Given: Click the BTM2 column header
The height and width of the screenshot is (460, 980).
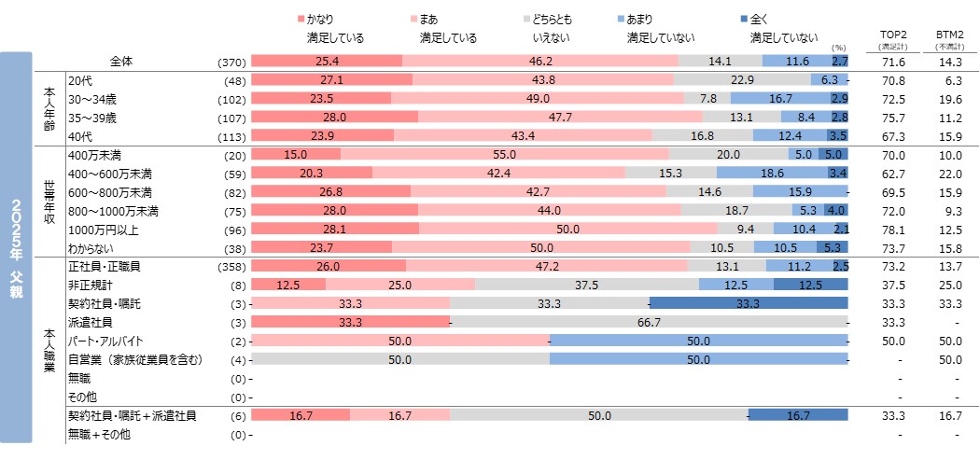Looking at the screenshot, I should [949, 36].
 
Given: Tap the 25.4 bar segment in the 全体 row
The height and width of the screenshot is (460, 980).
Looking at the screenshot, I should [327, 62].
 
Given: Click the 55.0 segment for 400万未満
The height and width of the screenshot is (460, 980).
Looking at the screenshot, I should [504, 154].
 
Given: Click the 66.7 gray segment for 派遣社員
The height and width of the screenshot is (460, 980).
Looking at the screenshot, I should [650, 322].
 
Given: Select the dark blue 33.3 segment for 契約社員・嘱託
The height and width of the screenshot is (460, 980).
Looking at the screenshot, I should [749, 303].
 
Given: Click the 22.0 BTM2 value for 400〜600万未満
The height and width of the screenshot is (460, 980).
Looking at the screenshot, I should [949, 173].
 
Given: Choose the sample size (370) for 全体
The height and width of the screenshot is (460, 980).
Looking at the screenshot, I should [230, 62].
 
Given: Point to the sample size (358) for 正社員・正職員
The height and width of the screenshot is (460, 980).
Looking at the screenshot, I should [230, 267].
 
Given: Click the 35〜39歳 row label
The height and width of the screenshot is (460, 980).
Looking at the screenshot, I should [92, 118].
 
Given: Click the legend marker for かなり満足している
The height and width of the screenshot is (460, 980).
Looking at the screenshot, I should [301, 19].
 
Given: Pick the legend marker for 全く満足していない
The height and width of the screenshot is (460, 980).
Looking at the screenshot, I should [743, 19].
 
